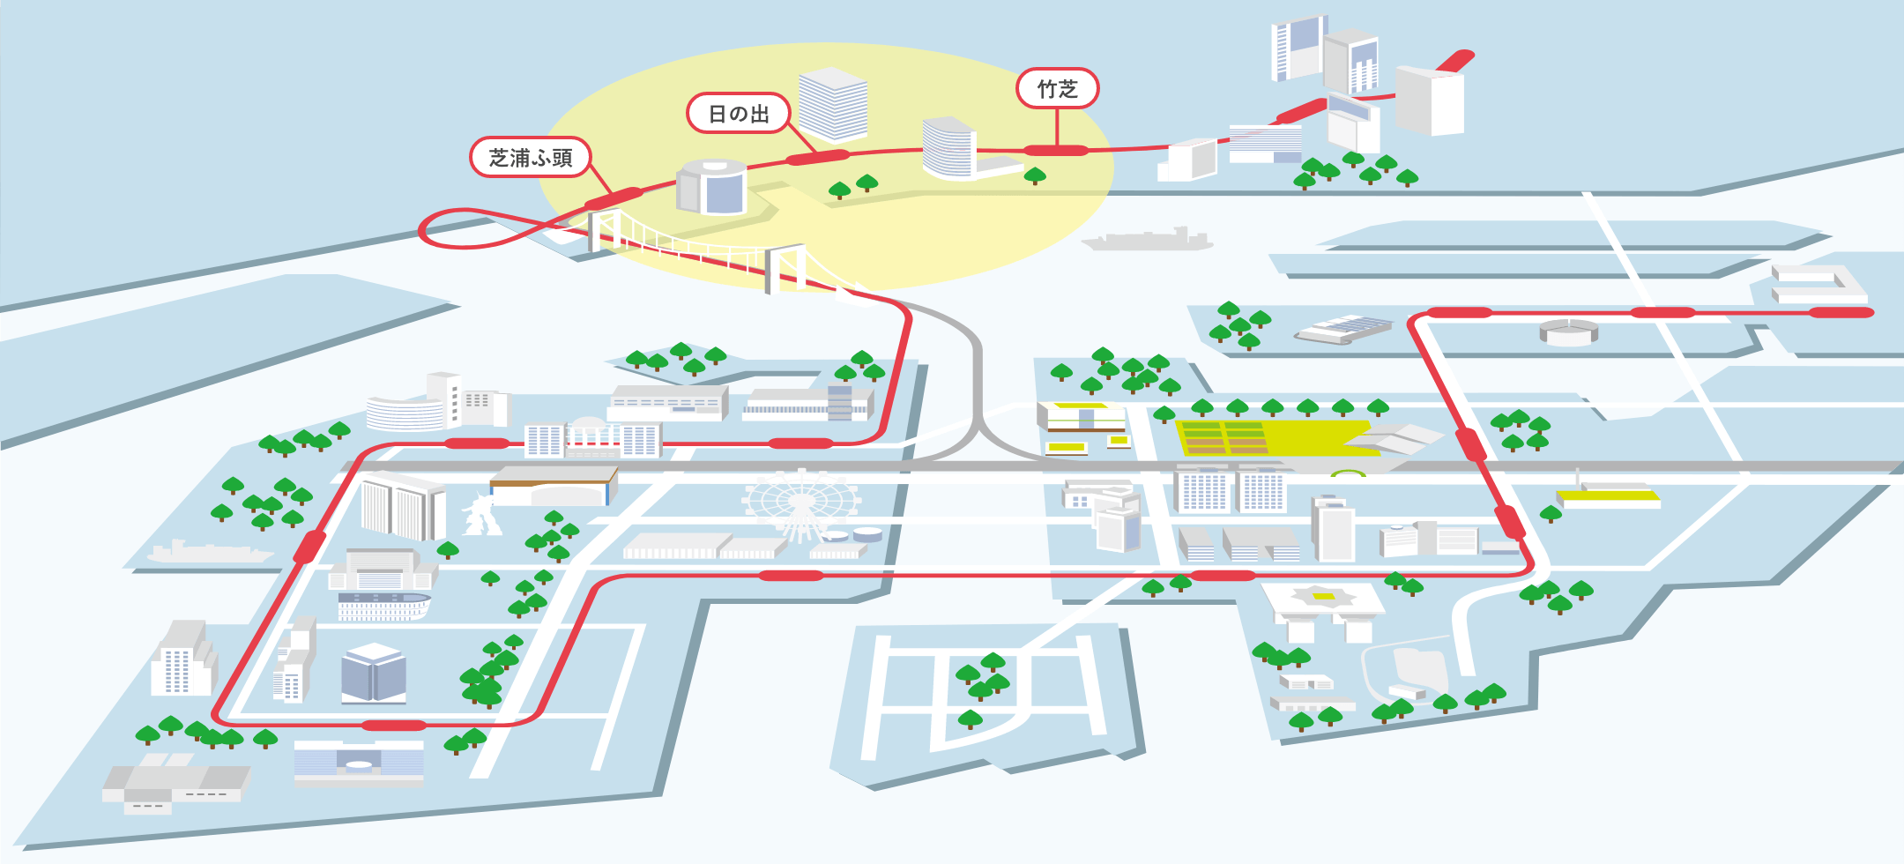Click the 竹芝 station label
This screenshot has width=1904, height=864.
tap(1057, 89)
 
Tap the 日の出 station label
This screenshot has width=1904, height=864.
tap(739, 114)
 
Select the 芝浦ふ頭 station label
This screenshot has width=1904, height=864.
tap(531, 158)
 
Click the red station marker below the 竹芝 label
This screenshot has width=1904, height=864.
tap(1056, 151)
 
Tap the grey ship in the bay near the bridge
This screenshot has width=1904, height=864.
tap(1147, 240)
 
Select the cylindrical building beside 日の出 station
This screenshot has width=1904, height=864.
tap(711, 186)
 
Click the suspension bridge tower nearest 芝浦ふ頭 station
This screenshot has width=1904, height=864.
tap(603, 231)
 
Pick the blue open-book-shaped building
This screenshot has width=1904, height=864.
tap(374, 674)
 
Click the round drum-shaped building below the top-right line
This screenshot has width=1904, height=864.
tap(1569, 331)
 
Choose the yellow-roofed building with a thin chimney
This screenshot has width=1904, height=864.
tap(1609, 495)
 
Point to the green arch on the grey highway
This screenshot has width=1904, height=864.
tap(1349, 473)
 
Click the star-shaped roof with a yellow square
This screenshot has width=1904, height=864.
tap(1323, 597)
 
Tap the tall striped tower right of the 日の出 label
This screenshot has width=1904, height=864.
tap(833, 104)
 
